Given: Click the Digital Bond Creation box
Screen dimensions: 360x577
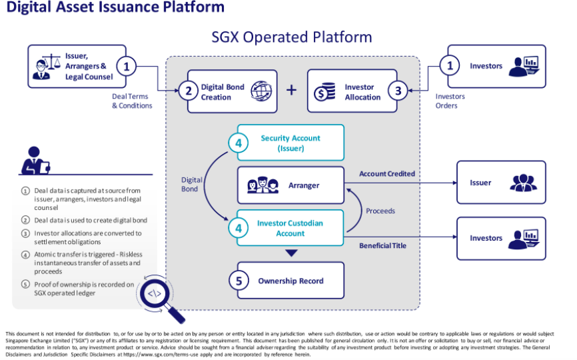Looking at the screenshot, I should (232, 91).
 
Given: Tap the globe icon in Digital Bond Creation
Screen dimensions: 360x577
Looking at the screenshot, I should (261, 92).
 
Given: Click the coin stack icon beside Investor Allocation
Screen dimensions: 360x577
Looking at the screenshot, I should (326, 92).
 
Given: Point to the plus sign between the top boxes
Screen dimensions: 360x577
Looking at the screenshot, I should (291, 90).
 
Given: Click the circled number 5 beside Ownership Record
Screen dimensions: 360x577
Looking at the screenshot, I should (239, 281).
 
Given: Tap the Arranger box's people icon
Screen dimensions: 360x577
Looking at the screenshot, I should (263, 186).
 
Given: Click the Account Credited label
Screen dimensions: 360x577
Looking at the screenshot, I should (387, 174).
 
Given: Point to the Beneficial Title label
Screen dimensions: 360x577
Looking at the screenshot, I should (383, 246).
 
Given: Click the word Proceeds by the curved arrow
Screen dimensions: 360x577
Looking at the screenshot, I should (380, 211).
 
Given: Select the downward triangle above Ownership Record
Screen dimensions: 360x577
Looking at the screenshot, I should (290, 253).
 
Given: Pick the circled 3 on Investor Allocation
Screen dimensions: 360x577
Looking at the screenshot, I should (398, 91).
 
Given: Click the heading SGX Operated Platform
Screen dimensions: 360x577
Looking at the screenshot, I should (292, 37).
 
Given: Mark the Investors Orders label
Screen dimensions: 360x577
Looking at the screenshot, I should (450, 101).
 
